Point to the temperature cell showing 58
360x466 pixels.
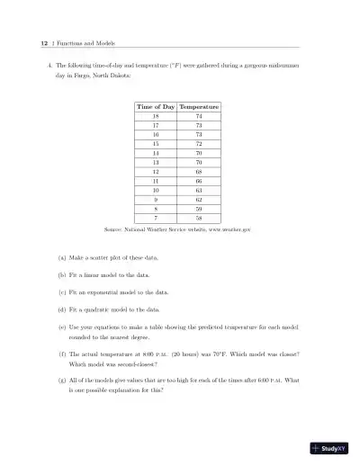[x=199, y=219]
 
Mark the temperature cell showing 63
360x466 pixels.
[x=199, y=191]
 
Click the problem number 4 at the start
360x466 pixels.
[x=49, y=66]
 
